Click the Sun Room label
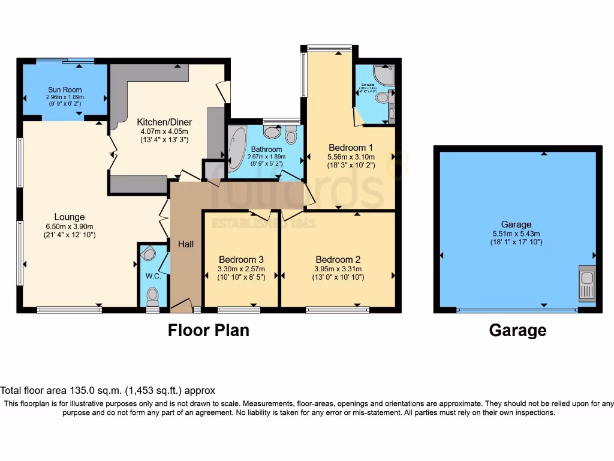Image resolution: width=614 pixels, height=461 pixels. [65, 89]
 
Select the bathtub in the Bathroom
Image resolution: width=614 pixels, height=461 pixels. [237, 148]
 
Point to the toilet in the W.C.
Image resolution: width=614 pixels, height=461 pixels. [153, 295]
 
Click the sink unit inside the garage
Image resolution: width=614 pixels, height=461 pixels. [586, 283]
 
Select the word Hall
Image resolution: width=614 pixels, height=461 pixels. [185, 244]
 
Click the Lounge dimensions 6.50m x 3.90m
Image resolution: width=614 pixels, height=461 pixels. [70, 226]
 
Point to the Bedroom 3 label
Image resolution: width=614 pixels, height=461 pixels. [240, 259]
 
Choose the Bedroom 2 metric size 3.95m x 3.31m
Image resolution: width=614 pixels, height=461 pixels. [338, 268]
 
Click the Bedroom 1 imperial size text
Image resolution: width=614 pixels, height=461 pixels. [351, 165]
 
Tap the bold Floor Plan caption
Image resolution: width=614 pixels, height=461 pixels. [208, 330]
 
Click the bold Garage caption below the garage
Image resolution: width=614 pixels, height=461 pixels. [517, 330]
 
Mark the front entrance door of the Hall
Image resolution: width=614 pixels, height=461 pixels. [181, 306]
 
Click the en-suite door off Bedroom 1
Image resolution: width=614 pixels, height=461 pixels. [358, 118]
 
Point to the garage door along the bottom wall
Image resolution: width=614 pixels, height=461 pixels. [517, 310]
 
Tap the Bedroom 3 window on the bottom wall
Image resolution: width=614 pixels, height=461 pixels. [239, 310]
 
